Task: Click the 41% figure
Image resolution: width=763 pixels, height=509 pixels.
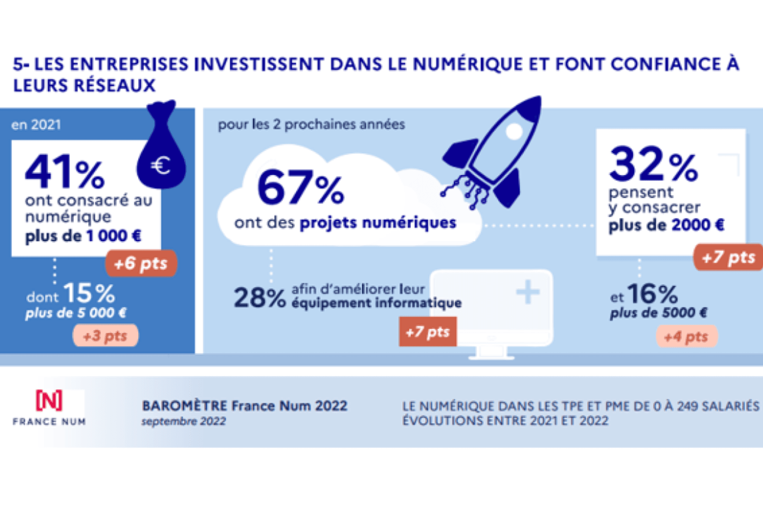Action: coord(65,172)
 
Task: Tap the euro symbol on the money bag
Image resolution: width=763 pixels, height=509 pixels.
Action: coord(161,165)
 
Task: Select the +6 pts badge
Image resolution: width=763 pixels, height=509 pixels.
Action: coord(141,263)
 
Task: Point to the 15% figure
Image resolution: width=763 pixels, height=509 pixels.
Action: coord(89,293)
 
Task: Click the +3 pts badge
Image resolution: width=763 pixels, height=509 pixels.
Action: coord(105,336)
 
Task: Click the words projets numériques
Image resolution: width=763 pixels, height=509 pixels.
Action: coord(378,223)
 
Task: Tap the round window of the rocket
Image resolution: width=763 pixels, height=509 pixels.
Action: coord(514,132)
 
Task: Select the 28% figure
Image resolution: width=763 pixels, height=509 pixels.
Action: coord(259,298)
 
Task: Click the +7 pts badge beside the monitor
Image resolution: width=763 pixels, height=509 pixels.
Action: coord(428,332)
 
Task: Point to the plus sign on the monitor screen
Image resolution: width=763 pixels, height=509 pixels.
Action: coord(528,293)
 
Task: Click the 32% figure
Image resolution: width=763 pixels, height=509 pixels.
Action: coord(653,165)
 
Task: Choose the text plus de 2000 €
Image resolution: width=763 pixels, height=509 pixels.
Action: coord(666,225)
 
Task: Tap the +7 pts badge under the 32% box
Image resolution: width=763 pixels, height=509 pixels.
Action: coord(728,257)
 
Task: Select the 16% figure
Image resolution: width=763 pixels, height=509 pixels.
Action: coord(653,294)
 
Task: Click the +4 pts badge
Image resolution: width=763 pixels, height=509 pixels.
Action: coord(686,337)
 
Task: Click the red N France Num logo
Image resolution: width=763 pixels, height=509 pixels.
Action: coord(49,401)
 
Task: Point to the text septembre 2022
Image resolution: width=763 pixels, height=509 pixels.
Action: coord(183,421)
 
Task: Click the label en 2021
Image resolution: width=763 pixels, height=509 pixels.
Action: coord(36,125)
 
